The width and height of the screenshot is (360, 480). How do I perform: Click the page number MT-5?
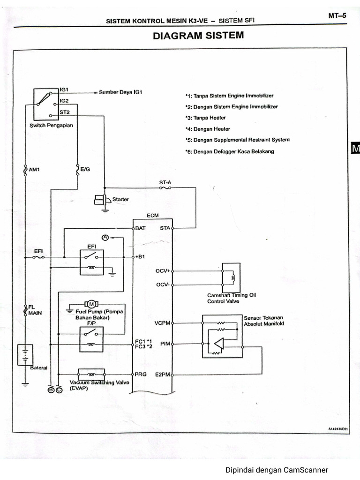pos(337,16)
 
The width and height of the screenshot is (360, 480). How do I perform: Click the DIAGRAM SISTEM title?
pos(198,36)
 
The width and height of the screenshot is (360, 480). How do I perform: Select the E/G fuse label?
pos(85,170)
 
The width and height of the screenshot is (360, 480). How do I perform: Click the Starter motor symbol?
pos(102,200)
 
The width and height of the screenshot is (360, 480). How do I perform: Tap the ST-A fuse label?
pos(165,182)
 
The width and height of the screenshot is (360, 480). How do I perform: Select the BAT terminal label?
pos(140,228)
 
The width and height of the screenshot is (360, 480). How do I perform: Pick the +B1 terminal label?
pos(141,257)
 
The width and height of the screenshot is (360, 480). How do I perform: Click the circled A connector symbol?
pos(105,238)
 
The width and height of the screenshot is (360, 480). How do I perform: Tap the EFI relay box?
pos(91,261)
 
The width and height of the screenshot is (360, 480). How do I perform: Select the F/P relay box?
pos(91,337)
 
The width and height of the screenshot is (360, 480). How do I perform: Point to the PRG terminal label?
pos(141,374)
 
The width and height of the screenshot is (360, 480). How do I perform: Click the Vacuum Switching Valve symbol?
pos(91,374)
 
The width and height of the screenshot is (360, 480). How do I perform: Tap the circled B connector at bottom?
pos(51,390)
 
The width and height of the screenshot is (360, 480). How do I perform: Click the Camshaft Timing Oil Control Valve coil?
pos(230,278)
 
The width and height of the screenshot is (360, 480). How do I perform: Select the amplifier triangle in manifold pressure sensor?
pos(218,344)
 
